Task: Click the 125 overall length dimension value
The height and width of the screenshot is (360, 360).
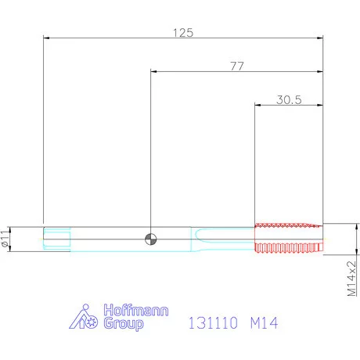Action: click(x=183, y=33)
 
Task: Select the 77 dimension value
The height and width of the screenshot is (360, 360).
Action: click(x=237, y=67)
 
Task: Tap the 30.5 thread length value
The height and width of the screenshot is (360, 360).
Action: click(x=289, y=100)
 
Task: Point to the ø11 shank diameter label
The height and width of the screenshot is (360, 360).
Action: click(x=5, y=239)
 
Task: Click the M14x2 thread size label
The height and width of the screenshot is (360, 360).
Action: click(x=352, y=279)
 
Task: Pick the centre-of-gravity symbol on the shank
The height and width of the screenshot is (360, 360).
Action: click(x=151, y=239)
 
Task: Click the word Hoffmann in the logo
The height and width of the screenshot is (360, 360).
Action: click(x=136, y=311)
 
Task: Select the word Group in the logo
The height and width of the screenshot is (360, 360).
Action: click(x=124, y=324)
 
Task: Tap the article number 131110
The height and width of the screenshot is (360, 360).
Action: click(x=213, y=322)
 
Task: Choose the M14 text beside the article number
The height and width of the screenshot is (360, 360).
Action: click(x=264, y=322)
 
